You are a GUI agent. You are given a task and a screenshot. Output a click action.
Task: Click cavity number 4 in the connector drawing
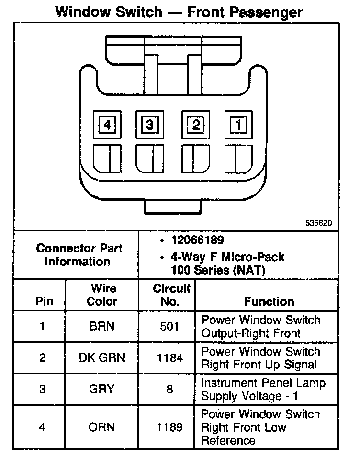pos(107,125)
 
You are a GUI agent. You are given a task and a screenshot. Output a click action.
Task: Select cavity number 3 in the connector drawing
pos(150,125)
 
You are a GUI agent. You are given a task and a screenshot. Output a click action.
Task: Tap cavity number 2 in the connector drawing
pos(195,125)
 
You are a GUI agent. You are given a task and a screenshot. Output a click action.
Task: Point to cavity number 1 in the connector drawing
pos(238,125)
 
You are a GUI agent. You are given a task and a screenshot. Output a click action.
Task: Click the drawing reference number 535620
pos(319,223)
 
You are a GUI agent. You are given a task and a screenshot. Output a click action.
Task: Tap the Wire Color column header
pos(102,295)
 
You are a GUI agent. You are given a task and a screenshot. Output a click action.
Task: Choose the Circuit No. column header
pos(171,295)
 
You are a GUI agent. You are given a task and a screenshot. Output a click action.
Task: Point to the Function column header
pos(269,301)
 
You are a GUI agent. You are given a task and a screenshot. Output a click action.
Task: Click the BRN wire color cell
pos(102,327)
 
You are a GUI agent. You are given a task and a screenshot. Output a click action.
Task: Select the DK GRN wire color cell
pos(102,358)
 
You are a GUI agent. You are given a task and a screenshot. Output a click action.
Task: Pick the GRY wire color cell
pos(102,389)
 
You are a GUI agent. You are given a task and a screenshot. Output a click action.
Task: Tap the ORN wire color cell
pos(102,427)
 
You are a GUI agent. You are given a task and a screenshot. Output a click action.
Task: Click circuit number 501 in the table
pos(169,327)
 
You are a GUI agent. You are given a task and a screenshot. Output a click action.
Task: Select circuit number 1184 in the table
pos(169,358)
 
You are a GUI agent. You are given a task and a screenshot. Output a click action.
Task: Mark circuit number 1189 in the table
pos(169,427)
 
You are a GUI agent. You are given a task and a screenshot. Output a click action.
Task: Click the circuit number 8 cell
pos(169,389)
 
